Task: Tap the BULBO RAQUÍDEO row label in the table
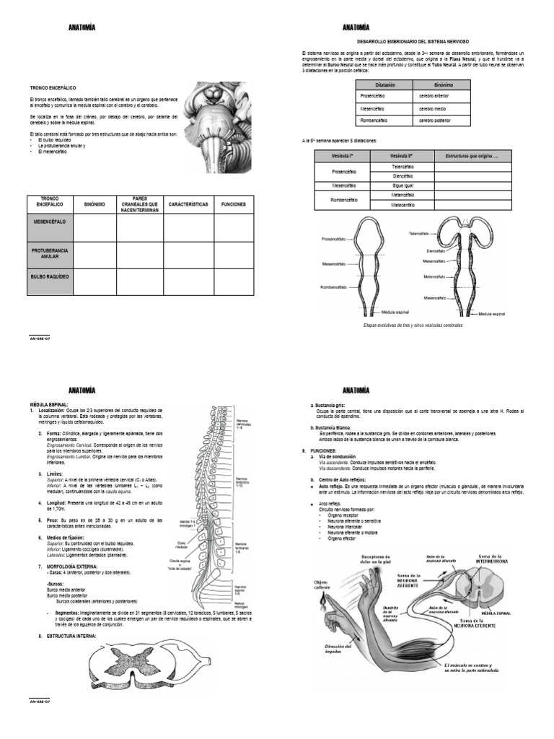click(x=50, y=276)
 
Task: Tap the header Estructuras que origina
click(x=472, y=155)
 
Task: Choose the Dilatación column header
click(x=385, y=84)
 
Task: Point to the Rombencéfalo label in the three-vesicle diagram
click(x=335, y=287)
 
